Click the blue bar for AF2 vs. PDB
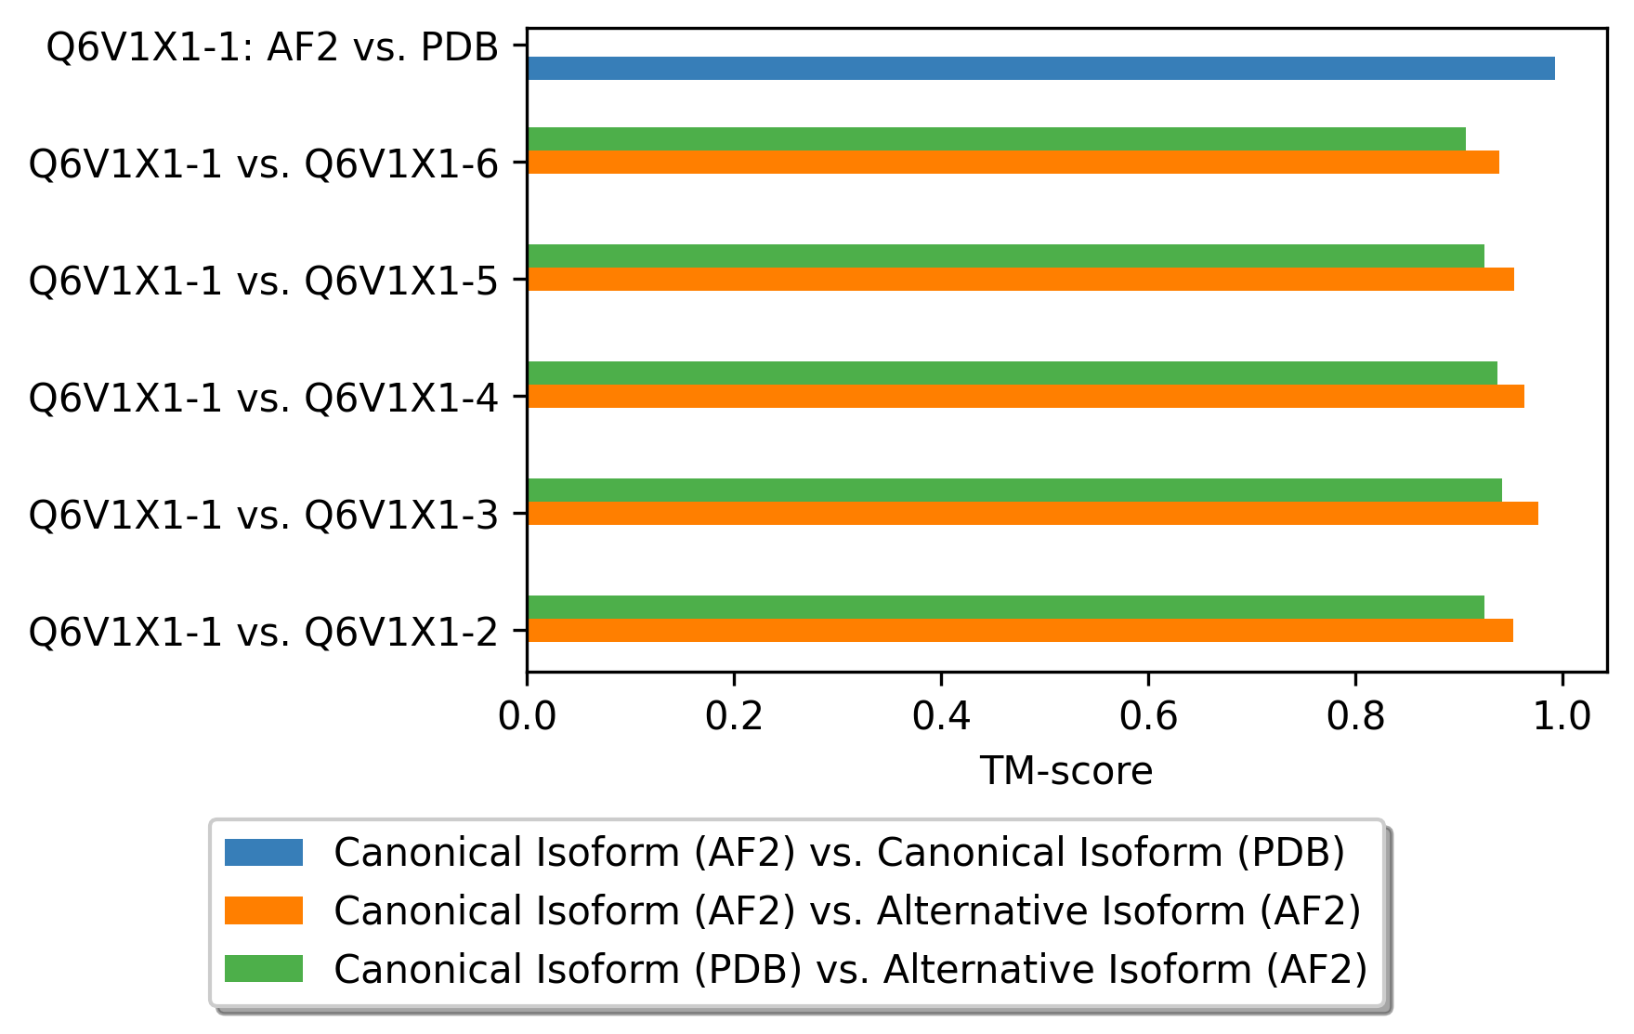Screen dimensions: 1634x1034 pyautogui.click(x=1040, y=68)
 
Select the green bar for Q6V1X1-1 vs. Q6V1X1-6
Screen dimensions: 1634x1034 pyautogui.click(x=997, y=138)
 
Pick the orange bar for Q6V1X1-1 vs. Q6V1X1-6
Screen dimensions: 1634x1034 pyautogui.click(x=1013, y=162)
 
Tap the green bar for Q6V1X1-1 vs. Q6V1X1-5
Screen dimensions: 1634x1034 pyautogui.click(x=1006, y=255)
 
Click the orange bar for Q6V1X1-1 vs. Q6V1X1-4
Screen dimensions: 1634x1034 pyautogui.click(x=1026, y=396)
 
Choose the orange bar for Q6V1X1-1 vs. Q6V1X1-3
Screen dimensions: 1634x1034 pyautogui.click(x=1033, y=513)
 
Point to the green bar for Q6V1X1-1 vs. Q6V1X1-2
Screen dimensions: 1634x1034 pyautogui.click(x=1006, y=607)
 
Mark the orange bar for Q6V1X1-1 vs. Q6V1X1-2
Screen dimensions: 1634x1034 pyautogui.click(x=1020, y=630)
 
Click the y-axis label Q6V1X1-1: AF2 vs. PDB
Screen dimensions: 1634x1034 pyautogui.click(x=273, y=46)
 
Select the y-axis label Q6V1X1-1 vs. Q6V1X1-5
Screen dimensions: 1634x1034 pyautogui.click(x=265, y=280)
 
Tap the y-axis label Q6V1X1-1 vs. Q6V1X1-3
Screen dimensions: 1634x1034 pyautogui.click(x=265, y=514)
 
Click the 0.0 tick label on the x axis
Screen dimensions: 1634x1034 pyautogui.click(x=527, y=716)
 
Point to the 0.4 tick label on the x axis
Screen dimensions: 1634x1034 pyautogui.click(x=941, y=716)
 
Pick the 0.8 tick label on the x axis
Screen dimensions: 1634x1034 pyautogui.click(x=1355, y=716)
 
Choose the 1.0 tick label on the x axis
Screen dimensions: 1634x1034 pyautogui.click(x=1562, y=716)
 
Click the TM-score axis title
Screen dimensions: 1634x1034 pyautogui.click(x=1066, y=771)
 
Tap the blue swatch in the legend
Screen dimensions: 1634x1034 pyautogui.click(x=264, y=852)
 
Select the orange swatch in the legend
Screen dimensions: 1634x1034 pyautogui.click(x=264, y=910)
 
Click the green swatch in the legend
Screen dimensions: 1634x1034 pyautogui.click(x=264, y=969)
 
